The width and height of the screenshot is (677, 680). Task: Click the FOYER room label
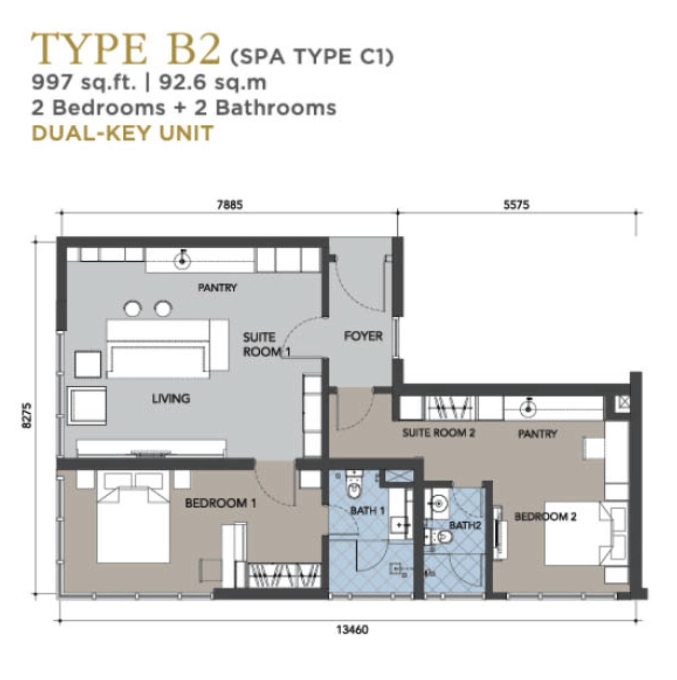[363, 336]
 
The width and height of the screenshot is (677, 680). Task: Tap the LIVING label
[171, 399]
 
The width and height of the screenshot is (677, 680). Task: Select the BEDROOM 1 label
[221, 503]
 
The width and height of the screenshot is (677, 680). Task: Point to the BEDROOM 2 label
[545, 517]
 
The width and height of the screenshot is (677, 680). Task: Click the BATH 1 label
[367, 511]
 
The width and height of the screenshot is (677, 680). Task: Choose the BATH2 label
[465, 526]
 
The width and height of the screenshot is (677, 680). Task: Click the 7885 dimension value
[230, 205]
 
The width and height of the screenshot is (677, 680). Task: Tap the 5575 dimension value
[516, 205]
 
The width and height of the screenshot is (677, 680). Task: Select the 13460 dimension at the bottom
[352, 629]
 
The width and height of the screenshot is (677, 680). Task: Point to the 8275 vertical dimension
[27, 416]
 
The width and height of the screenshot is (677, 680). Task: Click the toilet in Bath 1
[353, 485]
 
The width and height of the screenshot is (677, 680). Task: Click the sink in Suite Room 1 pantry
[182, 260]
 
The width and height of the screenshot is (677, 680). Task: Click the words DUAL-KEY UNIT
[123, 133]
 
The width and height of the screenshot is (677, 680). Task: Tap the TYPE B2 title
[125, 49]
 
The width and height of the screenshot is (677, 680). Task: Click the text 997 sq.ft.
[84, 83]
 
